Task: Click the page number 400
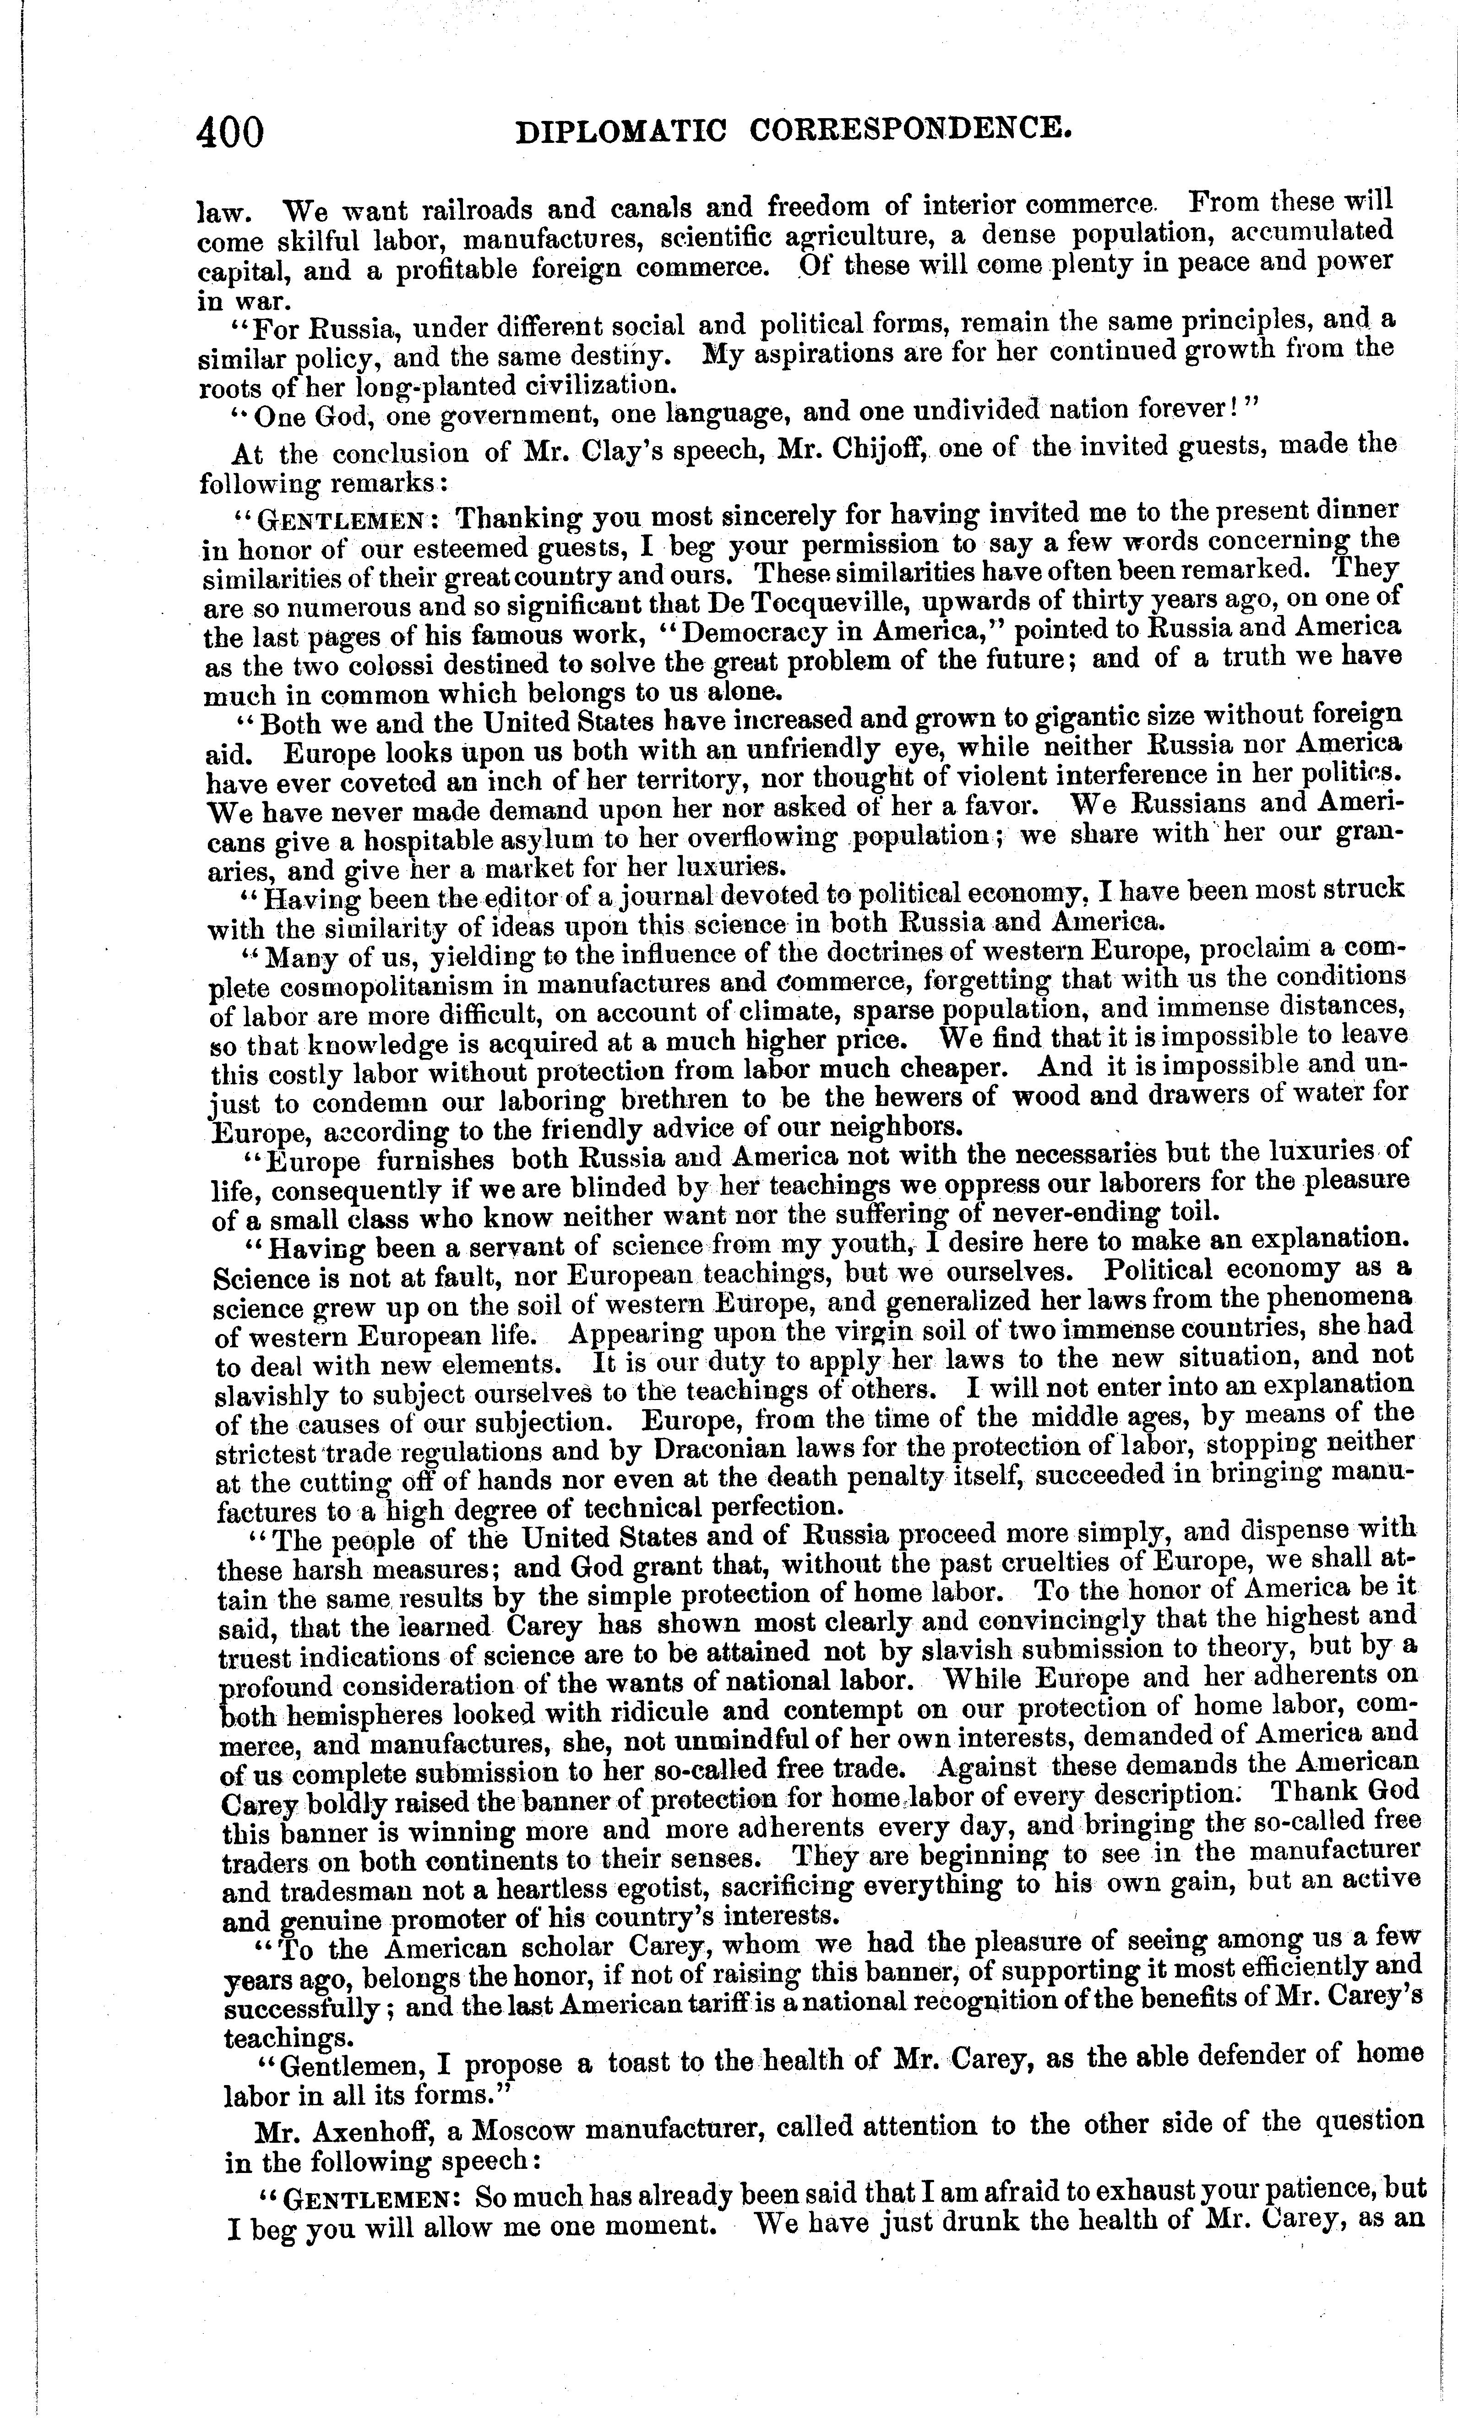tap(231, 131)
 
